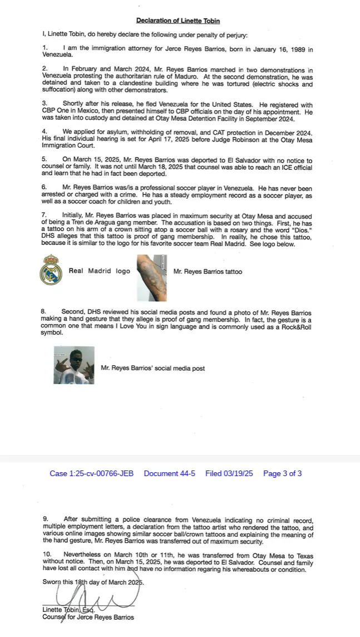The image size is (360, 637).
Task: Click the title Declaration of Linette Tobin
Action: (178, 21)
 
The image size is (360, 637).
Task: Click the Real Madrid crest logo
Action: (51, 270)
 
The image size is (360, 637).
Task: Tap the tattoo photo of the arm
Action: (152, 278)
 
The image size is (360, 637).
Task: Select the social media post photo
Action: (74, 365)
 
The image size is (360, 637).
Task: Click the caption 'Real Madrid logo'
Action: (99, 271)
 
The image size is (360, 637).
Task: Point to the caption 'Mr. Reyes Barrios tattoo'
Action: (208, 272)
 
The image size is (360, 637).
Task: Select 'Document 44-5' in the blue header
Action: (169, 474)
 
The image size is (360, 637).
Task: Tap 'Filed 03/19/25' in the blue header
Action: (229, 474)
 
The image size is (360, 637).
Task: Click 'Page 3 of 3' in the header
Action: (282, 474)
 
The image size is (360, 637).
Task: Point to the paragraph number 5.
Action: (45, 159)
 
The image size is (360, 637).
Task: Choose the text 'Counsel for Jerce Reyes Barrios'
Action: (88, 617)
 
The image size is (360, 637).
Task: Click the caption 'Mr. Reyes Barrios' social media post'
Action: (152, 368)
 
